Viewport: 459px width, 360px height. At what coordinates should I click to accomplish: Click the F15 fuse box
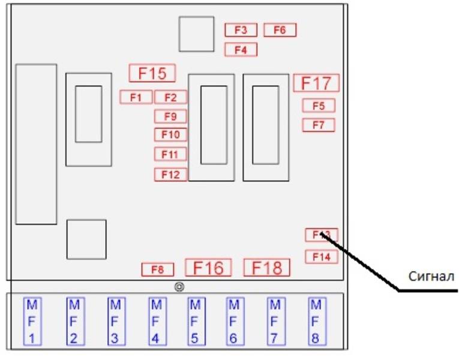click(152, 73)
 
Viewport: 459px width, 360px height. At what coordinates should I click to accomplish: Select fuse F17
click(316, 83)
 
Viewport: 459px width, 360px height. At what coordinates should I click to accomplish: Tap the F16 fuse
click(208, 268)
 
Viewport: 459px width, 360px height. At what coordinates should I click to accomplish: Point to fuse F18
click(266, 268)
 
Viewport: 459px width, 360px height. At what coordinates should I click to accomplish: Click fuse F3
click(241, 30)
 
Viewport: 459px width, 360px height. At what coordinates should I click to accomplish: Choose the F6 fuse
click(280, 30)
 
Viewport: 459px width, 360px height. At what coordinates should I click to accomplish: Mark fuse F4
click(241, 50)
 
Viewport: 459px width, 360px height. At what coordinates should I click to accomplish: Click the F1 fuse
click(136, 97)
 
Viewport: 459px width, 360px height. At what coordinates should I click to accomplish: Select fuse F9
click(170, 116)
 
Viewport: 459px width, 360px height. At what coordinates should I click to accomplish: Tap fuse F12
click(170, 175)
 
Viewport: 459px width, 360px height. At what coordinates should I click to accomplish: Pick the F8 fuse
click(158, 270)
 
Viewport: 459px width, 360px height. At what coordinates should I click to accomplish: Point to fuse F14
click(322, 257)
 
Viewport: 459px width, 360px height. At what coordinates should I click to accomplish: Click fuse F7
click(319, 125)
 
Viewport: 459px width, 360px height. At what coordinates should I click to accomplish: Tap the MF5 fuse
click(194, 321)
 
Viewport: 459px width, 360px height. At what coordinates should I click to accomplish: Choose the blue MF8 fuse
click(315, 321)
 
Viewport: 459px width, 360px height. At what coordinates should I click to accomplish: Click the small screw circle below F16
click(179, 287)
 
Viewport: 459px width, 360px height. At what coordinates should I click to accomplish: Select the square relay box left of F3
click(196, 34)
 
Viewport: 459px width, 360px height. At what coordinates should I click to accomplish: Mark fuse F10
click(170, 134)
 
